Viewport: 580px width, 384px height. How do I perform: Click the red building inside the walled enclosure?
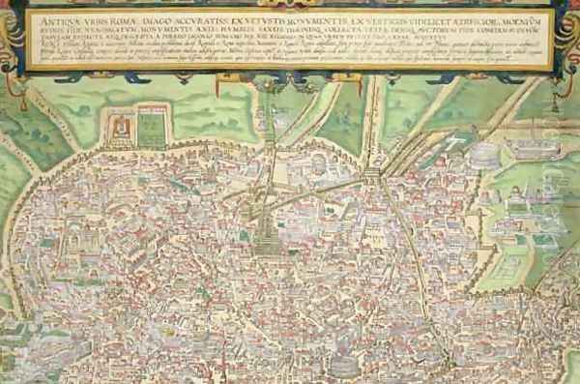[x=120, y=127]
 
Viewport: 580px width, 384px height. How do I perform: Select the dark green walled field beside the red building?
[x=151, y=128]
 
